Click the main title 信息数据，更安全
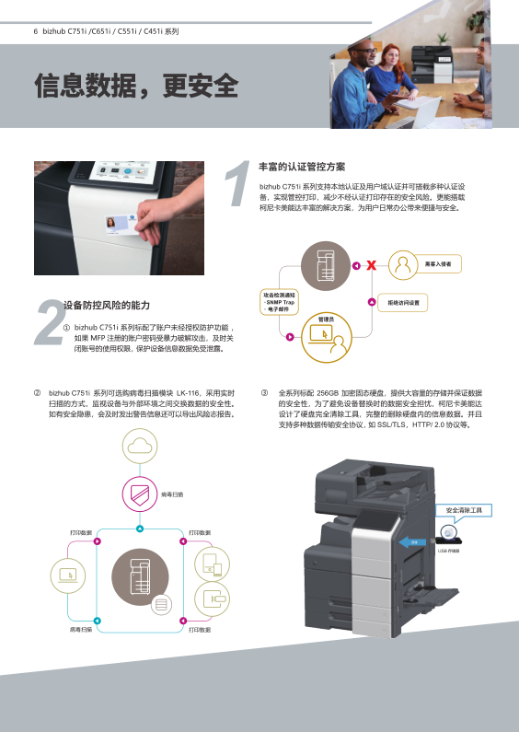tap(136, 87)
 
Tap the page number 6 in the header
tap(35, 31)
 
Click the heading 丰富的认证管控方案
tap(302, 167)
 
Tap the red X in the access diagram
tap(371, 266)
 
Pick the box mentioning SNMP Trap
tap(278, 301)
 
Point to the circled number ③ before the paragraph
tap(265, 392)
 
